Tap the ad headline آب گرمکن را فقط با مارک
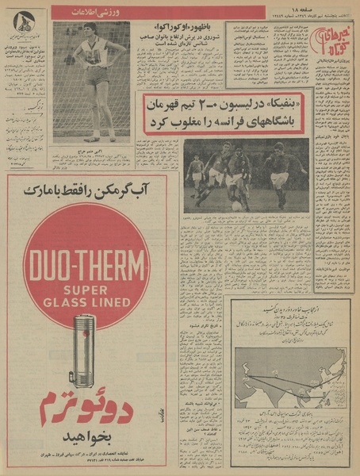pos(86,191)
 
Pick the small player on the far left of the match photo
pos(193,171)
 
